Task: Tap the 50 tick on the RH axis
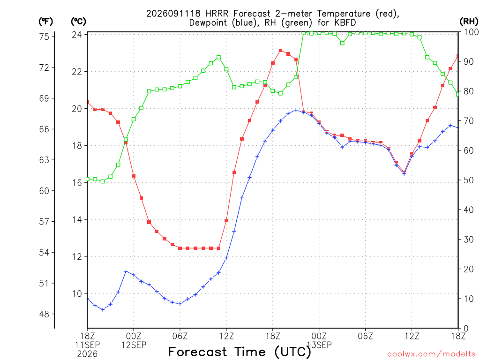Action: click(469, 180)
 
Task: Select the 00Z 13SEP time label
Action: click(319, 341)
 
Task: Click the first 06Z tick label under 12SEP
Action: click(180, 336)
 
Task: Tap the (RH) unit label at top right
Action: click(469, 22)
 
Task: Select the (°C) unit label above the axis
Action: click(78, 22)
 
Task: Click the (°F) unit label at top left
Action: click(45, 22)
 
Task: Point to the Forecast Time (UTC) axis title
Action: click(240, 352)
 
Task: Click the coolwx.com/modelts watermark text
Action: click(431, 354)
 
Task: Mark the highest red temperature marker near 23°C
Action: click(280, 51)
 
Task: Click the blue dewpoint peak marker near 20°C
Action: click(296, 110)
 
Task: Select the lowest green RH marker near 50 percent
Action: click(103, 181)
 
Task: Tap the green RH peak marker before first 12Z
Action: click(218, 58)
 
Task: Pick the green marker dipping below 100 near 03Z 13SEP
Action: click(342, 43)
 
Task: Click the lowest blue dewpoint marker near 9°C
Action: click(103, 310)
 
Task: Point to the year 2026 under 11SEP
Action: click(87, 354)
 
